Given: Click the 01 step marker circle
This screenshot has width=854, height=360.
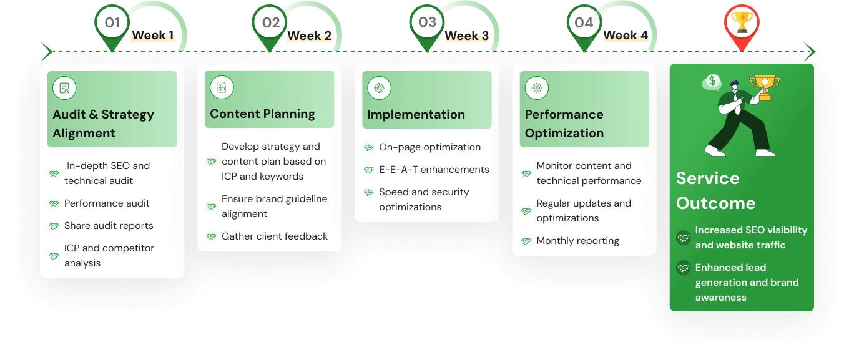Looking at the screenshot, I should [x=112, y=23].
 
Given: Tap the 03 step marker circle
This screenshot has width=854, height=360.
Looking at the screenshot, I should [x=427, y=23].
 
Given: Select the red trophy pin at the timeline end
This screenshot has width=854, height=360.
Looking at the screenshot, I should [x=741, y=24].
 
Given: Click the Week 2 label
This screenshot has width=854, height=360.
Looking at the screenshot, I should [x=309, y=36].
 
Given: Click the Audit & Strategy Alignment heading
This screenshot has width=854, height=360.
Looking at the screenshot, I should [x=103, y=124].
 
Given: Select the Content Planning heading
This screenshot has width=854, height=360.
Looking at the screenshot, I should [x=262, y=114].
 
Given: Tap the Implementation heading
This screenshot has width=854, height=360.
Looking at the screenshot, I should [x=416, y=114].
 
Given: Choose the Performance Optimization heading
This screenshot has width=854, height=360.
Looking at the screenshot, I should [x=564, y=124].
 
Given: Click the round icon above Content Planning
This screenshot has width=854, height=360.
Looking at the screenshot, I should [x=222, y=88].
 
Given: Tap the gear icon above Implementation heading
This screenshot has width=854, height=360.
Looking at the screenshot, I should [x=379, y=88].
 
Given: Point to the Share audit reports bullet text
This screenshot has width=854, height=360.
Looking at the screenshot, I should [x=109, y=226].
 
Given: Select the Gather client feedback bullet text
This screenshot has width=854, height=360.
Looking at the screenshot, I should [x=275, y=236].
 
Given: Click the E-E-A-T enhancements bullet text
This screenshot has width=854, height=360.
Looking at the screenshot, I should [x=434, y=170].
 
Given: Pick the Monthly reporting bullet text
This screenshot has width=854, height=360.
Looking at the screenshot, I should [x=577, y=241].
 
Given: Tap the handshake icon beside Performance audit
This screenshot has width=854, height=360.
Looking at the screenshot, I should [x=54, y=204].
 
